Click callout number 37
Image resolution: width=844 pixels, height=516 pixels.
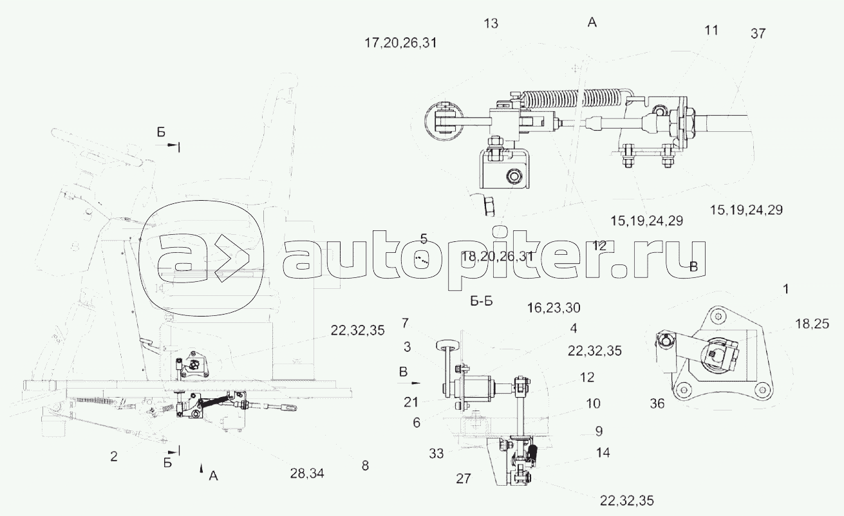tap(758, 34)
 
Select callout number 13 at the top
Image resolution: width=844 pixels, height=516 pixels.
tap(491, 24)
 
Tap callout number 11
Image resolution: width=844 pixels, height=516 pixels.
tap(711, 30)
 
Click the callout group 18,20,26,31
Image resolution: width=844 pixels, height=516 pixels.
tap(498, 257)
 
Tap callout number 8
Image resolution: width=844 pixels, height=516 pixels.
tap(365, 466)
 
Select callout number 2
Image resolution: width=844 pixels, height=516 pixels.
tap(114, 457)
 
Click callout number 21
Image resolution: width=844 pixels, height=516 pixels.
tap(412, 402)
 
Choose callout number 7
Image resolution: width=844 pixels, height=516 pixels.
tap(405, 322)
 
